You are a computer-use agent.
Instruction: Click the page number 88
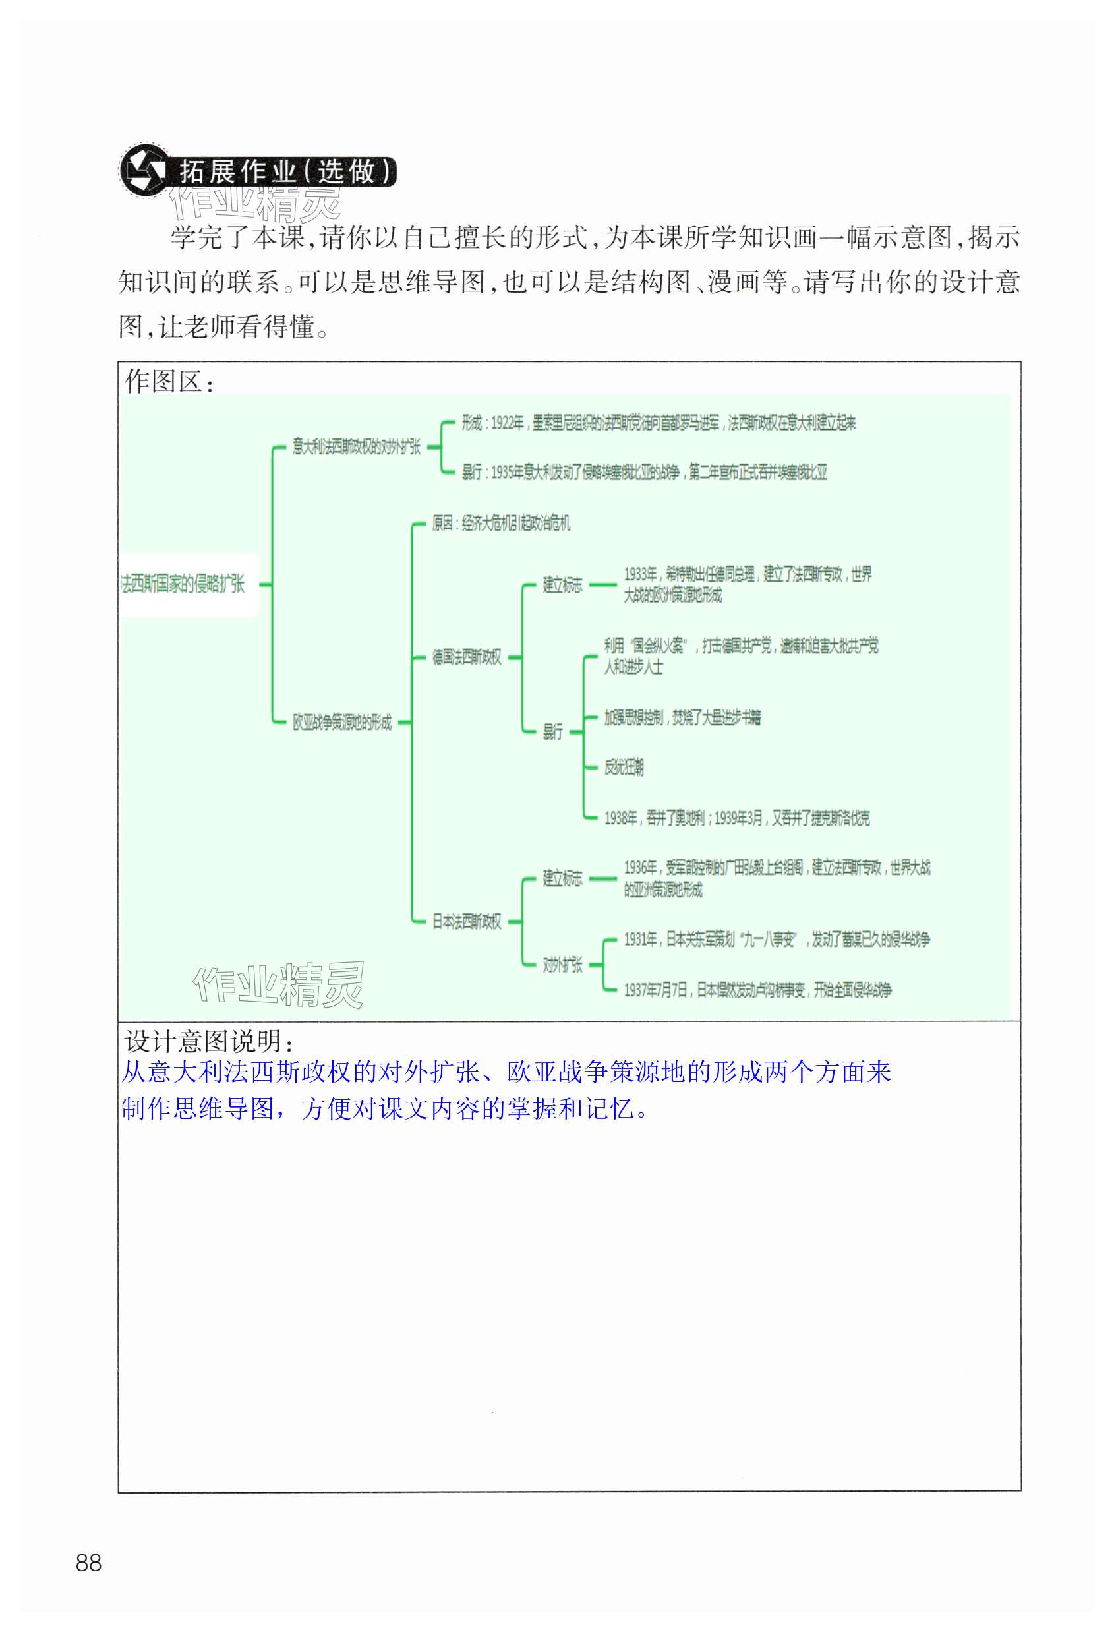[88, 1562]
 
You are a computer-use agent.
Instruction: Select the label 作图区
[168, 382]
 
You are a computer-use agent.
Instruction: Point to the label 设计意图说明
[208, 1041]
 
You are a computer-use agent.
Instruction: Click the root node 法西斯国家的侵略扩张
[183, 584]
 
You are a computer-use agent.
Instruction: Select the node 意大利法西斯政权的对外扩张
[356, 447]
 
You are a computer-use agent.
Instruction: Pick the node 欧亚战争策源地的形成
[342, 722]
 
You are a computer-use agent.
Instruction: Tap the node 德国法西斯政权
[466, 657]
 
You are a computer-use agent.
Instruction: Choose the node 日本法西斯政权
[466, 921]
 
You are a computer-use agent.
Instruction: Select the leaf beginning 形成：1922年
[658, 422]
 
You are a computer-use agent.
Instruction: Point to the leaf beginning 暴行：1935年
[643, 472]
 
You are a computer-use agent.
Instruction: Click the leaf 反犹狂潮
[624, 767]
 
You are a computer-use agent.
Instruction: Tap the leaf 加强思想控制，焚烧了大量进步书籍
[682, 717]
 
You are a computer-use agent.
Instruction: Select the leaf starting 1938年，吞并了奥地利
[736, 818]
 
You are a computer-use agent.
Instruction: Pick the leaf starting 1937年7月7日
[757, 990]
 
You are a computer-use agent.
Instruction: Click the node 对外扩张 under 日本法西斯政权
[562, 965]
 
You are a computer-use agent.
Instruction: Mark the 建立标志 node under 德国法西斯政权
[562, 584]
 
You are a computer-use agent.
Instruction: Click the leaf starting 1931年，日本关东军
[776, 939]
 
